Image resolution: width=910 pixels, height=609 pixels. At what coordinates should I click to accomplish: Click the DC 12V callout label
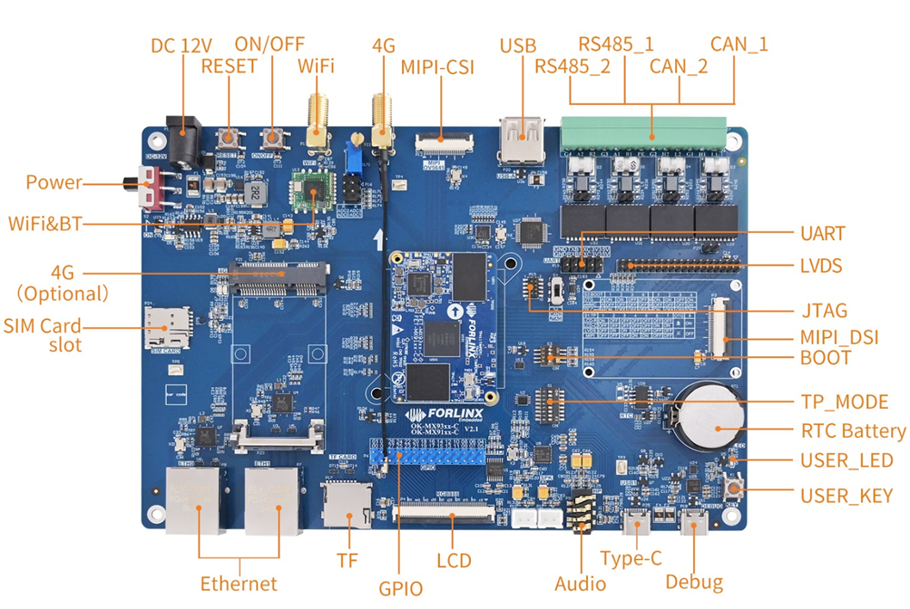coord(182,44)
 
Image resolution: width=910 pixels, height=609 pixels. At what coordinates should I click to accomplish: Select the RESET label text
coord(229,66)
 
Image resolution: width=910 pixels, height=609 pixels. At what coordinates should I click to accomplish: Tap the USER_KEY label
coord(846,496)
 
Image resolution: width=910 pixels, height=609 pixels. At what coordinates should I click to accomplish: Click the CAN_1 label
coord(739,43)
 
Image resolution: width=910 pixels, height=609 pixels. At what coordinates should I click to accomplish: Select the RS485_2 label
coord(572,66)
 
